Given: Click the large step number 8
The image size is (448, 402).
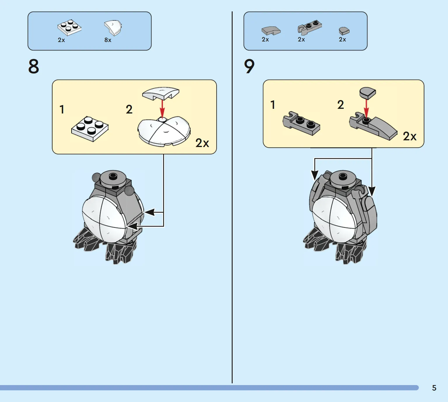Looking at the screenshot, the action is [34, 66].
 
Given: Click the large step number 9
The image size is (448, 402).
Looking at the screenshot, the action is [249, 66].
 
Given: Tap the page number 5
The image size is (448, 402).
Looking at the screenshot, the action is [434, 388].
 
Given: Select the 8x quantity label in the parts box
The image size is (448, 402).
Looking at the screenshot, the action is [108, 40].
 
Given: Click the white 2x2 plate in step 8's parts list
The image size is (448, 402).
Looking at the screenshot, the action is [69, 27].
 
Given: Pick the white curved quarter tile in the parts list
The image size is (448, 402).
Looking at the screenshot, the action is [113, 28].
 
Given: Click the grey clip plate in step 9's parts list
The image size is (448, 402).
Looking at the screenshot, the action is [310, 27].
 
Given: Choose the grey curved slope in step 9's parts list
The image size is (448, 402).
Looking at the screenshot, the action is [271, 31].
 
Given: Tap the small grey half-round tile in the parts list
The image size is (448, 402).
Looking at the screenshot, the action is [344, 31].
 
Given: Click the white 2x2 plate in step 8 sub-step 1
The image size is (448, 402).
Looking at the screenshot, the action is [90, 129].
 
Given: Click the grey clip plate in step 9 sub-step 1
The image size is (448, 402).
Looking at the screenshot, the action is [301, 123].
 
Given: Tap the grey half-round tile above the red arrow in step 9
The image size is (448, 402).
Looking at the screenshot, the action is [367, 93].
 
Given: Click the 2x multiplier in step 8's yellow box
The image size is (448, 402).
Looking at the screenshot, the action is [202, 143].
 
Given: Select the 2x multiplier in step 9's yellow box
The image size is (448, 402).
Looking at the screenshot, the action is [409, 136].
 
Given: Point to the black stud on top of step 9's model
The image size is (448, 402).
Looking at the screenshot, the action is [343, 176].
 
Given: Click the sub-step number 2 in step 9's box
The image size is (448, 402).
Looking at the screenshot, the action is [341, 104].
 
